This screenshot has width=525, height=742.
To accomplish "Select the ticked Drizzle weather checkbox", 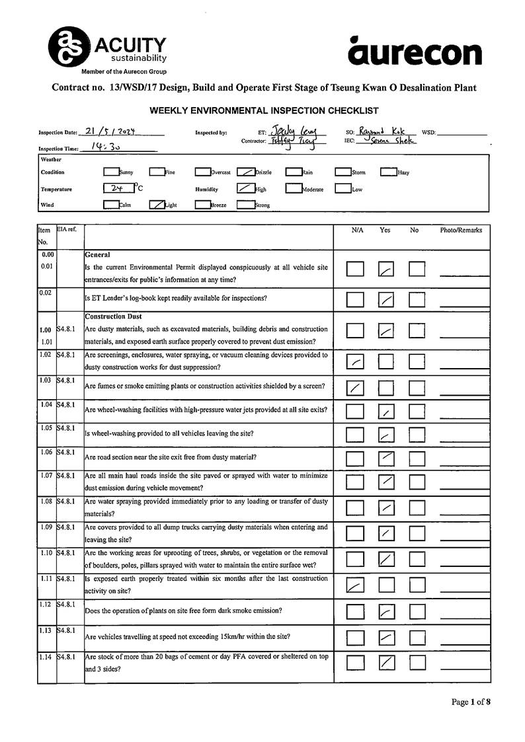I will click(x=245, y=172).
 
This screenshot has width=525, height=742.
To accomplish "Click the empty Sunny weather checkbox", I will click(x=110, y=172).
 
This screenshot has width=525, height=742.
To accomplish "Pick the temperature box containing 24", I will click(x=118, y=188).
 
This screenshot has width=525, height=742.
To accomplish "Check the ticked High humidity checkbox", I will click(x=245, y=188).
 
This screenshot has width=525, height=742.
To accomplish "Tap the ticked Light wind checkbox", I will click(x=156, y=204).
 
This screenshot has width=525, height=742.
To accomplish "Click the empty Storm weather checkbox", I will click(x=343, y=172).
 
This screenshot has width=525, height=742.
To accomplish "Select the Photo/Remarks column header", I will click(x=461, y=231).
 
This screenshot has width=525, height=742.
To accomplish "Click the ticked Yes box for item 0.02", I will click(x=386, y=299).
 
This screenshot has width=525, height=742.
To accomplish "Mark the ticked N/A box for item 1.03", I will click(x=356, y=388).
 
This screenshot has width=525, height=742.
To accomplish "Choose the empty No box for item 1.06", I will click(x=417, y=458).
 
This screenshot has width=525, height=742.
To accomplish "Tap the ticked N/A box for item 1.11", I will click(x=356, y=584).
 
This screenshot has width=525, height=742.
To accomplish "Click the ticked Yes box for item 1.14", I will click(x=386, y=662).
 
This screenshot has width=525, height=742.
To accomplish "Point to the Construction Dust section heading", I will click(x=112, y=316).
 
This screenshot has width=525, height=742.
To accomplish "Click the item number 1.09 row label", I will click(x=46, y=527).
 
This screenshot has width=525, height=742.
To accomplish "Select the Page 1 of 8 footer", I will click(x=471, y=702).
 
